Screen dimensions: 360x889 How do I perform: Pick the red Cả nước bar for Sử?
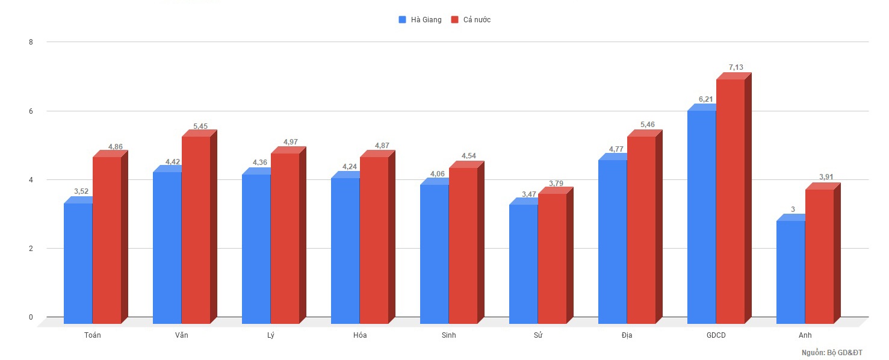(x=552, y=258)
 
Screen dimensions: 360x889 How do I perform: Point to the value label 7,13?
(x=736, y=67)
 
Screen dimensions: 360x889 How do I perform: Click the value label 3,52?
(x=81, y=191)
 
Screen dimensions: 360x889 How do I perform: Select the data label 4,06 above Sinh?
(x=438, y=174)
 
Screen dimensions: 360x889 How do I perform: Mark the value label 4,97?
(x=290, y=142)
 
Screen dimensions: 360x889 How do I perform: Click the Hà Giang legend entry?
(x=420, y=20)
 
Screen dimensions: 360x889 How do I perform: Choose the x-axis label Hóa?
(x=360, y=335)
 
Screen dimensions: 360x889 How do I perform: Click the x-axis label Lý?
(x=270, y=335)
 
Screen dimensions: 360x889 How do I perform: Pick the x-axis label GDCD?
(x=716, y=335)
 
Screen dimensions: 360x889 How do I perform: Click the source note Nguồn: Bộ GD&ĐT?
(x=840, y=352)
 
